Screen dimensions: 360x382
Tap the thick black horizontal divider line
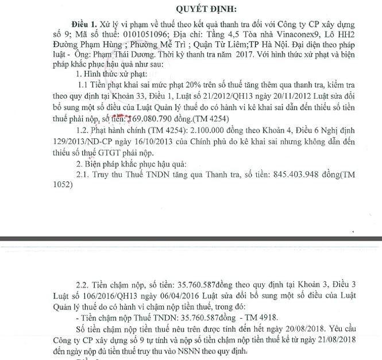[191, 238]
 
